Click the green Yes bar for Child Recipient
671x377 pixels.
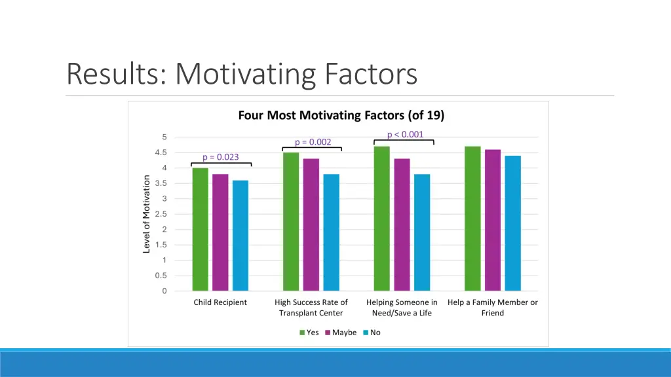tap(200, 229)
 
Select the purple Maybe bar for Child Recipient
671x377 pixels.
tap(220, 232)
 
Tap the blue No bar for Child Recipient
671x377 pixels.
tap(240, 236)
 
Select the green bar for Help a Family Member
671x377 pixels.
tap(472, 219)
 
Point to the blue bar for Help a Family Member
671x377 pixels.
tap(512, 223)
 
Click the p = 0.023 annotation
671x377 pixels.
tap(220, 157)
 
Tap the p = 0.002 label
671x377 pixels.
tap(313, 142)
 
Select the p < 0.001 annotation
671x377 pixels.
tap(405, 135)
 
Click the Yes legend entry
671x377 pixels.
tap(309, 332)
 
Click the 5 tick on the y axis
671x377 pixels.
tap(164, 137)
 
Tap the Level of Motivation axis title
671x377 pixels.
tap(147, 214)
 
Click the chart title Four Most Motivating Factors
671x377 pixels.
tap(341, 116)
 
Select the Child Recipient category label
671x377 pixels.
tap(220, 302)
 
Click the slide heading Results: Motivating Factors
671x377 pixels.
tap(242, 73)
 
